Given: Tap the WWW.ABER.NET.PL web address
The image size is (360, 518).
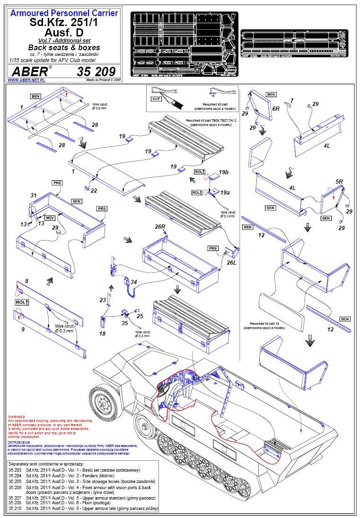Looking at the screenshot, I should point(26,80).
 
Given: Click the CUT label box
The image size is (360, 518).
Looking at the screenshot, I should point(156,98).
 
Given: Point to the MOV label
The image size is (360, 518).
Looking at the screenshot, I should point(50,217).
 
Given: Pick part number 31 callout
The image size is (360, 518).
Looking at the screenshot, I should point(33,195).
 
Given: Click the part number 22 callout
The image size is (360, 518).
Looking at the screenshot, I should point(94,190).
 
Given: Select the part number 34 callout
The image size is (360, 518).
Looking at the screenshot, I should point(134,282).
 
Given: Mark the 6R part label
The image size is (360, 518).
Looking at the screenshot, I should point(277,108).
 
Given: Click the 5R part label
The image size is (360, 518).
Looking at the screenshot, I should point(339,181).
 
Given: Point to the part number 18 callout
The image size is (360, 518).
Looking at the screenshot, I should point(102,333).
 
